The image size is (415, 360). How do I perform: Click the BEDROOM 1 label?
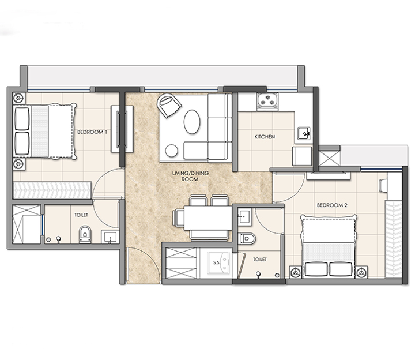[x=92, y=132]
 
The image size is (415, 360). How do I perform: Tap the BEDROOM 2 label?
[x=332, y=205]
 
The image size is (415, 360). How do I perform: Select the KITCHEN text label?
[x=265, y=137]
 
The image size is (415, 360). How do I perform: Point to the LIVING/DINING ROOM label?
[x=190, y=176]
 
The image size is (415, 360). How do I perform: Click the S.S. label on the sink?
[x=217, y=262]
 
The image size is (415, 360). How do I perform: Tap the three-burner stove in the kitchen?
[x=267, y=101]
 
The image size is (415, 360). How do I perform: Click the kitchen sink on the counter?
[x=304, y=133]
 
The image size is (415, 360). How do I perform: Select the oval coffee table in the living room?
[x=191, y=122]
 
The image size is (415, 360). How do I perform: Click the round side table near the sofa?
[x=172, y=151]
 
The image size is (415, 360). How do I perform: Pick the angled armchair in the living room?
[x=169, y=105]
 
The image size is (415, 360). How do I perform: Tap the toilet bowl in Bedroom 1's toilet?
[x=85, y=234]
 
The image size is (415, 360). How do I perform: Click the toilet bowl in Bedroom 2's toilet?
[x=247, y=238]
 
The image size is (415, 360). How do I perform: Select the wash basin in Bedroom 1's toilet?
[x=110, y=237]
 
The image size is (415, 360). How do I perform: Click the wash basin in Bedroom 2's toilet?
[x=244, y=217]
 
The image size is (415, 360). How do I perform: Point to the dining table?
[x=208, y=217]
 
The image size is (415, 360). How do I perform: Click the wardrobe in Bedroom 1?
[x=52, y=190]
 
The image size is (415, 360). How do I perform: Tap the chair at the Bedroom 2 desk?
[x=383, y=185]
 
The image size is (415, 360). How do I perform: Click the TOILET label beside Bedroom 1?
[x=81, y=215]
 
